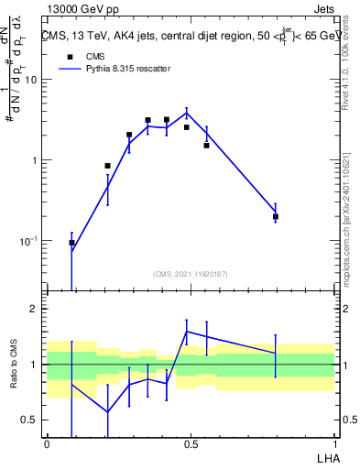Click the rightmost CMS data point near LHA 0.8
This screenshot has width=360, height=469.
click(275, 217)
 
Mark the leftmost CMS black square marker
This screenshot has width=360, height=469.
click(71, 243)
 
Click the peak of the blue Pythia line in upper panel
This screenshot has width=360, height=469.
click(187, 114)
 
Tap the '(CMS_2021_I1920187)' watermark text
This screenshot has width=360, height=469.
click(191, 273)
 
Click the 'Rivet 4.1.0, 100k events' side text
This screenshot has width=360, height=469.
click(351, 64)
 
